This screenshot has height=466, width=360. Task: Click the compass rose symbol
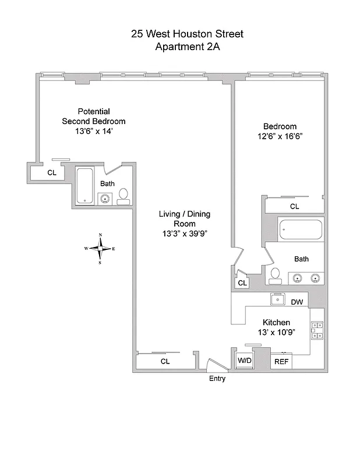click(x=101, y=249)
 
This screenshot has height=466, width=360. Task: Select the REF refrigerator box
click(x=281, y=361)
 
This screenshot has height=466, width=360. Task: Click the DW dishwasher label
click(x=297, y=302)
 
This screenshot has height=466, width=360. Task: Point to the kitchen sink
click(x=277, y=300)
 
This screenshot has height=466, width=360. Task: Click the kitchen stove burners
click(x=317, y=330)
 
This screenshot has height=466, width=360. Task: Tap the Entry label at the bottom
click(x=217, y=379)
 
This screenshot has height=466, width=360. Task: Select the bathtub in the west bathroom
click(x=85, y=185)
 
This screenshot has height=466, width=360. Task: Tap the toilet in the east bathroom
click(x=276, y=274)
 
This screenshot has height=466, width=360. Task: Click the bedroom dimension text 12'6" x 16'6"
click(x=280, y=136)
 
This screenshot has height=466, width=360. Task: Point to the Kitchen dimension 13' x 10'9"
click(x=276, y=332)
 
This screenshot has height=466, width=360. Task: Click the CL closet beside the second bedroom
click(x=52, y=172)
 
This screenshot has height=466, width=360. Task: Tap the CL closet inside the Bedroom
click(x=294, y=206)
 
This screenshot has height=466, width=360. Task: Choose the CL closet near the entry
click(x=165, y=361)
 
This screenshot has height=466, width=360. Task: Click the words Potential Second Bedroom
click(x=94, y=116)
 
